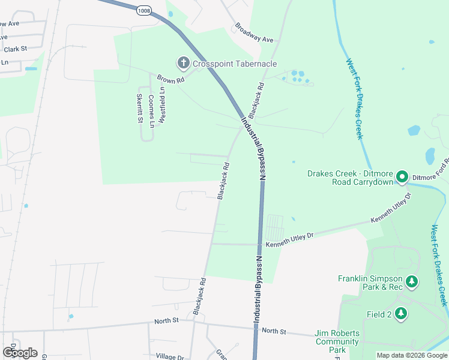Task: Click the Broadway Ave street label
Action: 254,33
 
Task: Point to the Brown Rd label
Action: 170,79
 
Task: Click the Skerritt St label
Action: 139,109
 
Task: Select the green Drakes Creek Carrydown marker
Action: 402,177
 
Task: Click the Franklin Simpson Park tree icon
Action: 411,281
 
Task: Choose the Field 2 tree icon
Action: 400,314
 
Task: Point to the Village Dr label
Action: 170,356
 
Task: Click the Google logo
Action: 20,353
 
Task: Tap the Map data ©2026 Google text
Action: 411,355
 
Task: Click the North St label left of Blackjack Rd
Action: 166,321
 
